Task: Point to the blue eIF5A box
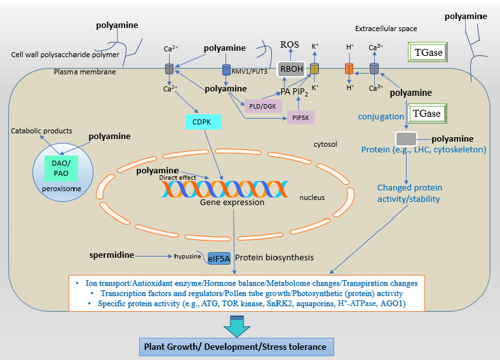point(219,258)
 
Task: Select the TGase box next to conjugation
point(426,114)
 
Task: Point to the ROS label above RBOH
point(290,44)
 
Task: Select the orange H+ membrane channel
point(349,68)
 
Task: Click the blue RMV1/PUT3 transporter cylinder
point(226,68)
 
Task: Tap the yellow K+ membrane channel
point(314,68)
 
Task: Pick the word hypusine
point(187,257)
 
